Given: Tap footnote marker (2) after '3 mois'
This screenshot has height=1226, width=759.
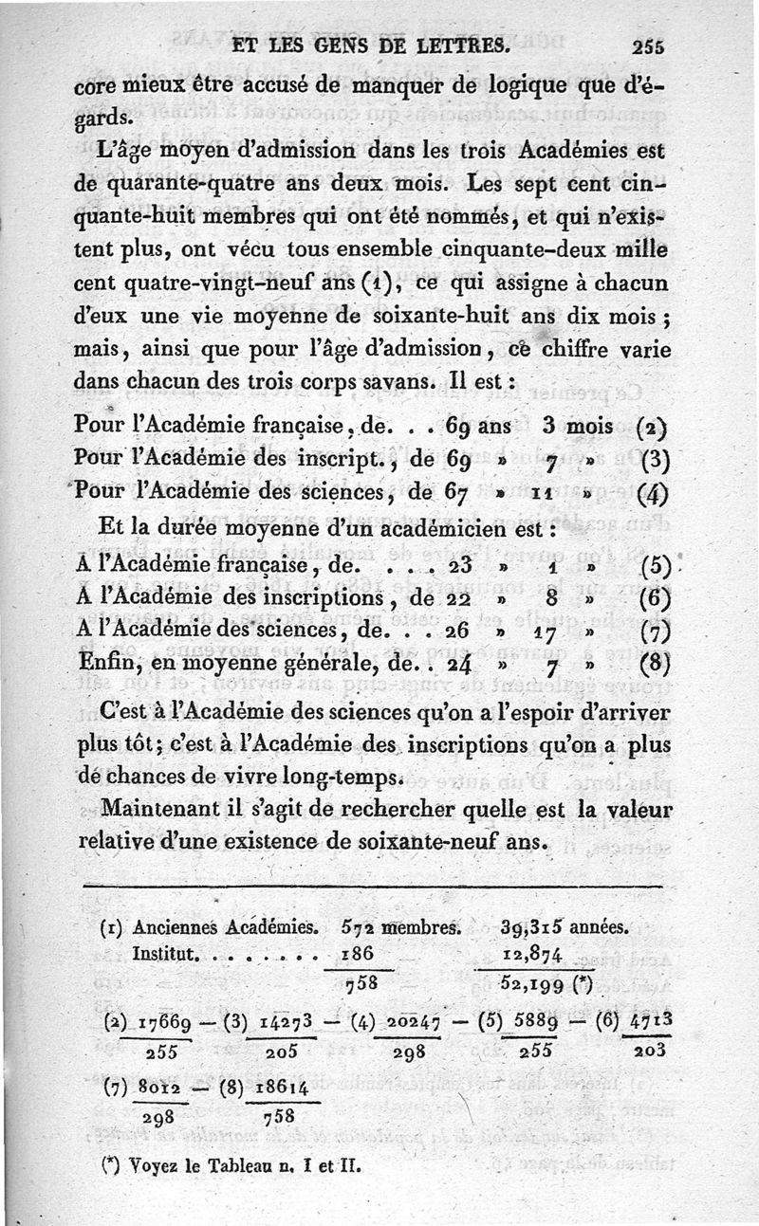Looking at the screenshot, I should (x=655, y=426).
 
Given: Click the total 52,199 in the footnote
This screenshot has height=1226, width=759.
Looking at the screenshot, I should (x=532, y=982).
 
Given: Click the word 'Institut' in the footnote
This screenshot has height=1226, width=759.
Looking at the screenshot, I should (x=163, y=951).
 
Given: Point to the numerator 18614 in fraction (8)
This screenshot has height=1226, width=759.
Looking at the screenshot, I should (x=277, y=1086).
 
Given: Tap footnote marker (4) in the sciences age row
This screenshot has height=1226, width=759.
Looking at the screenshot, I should (x=655, y=493).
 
